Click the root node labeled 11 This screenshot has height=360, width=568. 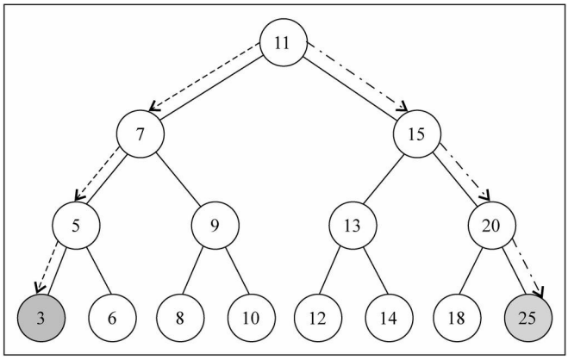tap(284, 42)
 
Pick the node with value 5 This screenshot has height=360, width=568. tap(76, 227)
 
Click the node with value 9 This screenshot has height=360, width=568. tap(214, 227)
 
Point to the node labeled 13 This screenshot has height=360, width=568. tap(353, 227)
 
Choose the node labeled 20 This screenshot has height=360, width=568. tap(491, 227)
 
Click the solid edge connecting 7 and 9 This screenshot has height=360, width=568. tap(178, 181)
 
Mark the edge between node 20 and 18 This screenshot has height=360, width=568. tap(474, 271)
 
